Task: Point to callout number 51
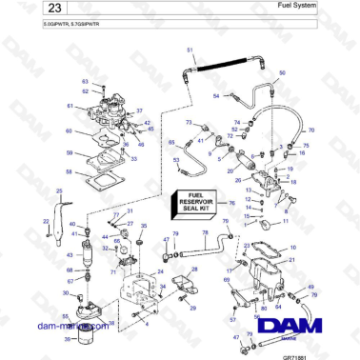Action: pyautogui.click(x=190, y=49)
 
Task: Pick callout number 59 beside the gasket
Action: pyautogui.click(x=68, y=152)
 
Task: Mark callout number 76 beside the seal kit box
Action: pyautogui.click(x=231, y=203)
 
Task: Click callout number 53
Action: pyautogui.click(x=176, y=163)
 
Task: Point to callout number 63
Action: pyautogui.click(x=84, y=83)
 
